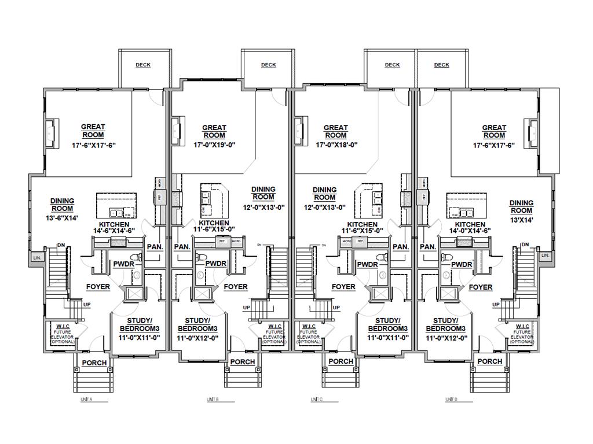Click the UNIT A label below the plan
tap(86, 399)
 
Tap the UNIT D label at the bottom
tap(452, 399)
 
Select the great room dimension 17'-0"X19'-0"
tap(214, 146)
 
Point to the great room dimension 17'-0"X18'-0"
tap(335, 146)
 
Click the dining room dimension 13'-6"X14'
tap(61, 218)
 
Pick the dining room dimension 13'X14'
tap(521, 220)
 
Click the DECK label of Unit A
tap(143, 65)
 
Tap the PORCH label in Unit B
tap(243, 362)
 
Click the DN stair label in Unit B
tap(259, 246)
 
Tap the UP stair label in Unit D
tap(496, 305)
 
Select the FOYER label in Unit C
tap(343, 287)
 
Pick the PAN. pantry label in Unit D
tap(427, 247)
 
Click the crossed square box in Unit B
tap(202, 294)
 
